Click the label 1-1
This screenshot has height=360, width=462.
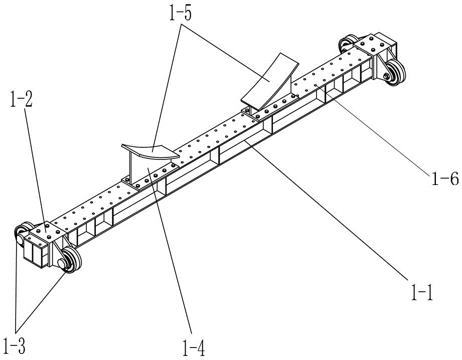click(x=420, y=291)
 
